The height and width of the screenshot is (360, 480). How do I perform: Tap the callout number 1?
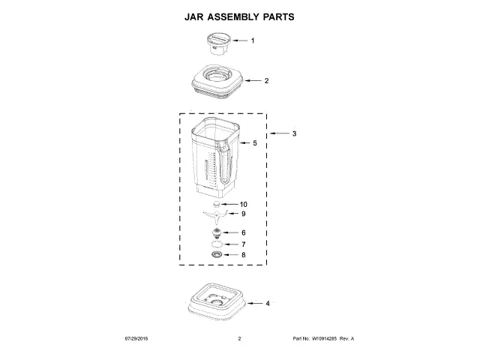(x=253, y=40)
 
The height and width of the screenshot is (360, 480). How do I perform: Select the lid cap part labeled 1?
(x=218, y=44)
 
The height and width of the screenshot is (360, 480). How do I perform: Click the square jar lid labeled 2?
(x=217, y=82)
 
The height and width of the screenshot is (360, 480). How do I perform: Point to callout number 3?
(x=294, y=133)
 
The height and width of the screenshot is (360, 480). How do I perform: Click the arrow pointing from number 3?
(x=279, y=133)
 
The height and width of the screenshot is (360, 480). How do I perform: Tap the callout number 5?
(x=255, y=143)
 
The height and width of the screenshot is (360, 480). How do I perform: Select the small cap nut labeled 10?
(x=217, y=204)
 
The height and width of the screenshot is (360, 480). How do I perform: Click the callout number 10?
(x=243, y=205)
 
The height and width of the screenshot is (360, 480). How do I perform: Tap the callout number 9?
(x=243, y=214)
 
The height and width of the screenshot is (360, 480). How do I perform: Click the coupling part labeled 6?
(x=217, y=233)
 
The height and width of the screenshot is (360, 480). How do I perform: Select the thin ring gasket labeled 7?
(x=217, y=244)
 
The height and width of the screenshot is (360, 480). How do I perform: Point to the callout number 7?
(x=243, y=244)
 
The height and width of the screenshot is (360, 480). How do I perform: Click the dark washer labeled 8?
(x=217, y=254)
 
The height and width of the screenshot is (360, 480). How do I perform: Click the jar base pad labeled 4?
(x=217, y=301)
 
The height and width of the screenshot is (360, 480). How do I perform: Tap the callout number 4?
(x=268, y=303)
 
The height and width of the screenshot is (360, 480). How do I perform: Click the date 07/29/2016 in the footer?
(x=136, y=338)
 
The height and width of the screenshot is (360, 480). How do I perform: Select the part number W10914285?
(x=324, y=338)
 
